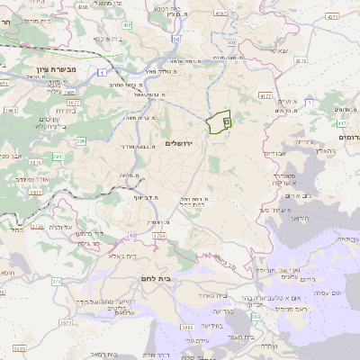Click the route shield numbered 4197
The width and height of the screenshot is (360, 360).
[x=264, y=94]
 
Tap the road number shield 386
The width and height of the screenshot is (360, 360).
[x=81, y=140]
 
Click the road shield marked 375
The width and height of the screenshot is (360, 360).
[x=56, y=282]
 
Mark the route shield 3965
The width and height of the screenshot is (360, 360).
[x=10, y=110]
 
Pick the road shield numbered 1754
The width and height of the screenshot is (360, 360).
[x=159, y=237]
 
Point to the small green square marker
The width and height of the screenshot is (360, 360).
[x=227, y=120]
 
